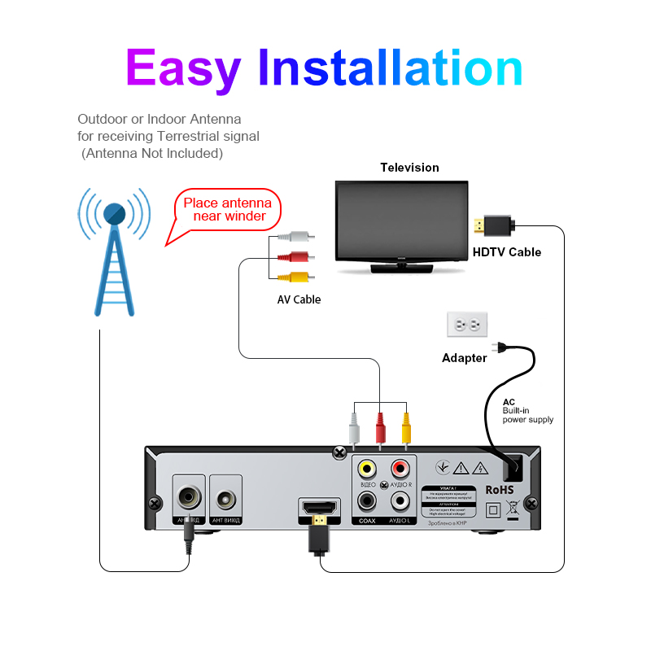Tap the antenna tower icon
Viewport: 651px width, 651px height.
click(x=115, y=251)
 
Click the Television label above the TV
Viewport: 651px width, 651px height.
click(x=409, y=168)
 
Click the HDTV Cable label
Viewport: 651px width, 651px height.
click(x=507, y=252)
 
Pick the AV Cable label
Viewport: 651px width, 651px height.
click(x=299, y=299)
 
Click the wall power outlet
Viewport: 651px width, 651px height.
click(x=467, y=324)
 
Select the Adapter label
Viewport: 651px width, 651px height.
click(x=464, y=358)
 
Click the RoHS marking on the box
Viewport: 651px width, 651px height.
click(x=500, y=490)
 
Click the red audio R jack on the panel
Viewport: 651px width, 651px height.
click(x=400, y=469)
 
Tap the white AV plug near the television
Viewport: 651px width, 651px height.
click(x=295, y=238)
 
